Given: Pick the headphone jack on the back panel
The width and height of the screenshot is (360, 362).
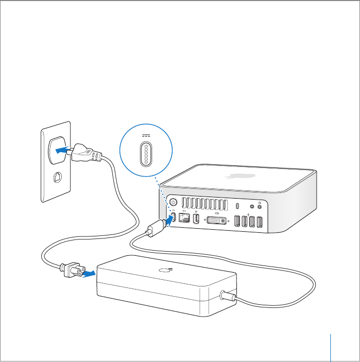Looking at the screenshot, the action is pos(261,207).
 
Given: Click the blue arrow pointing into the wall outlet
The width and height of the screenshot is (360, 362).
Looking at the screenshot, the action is pos(61,150).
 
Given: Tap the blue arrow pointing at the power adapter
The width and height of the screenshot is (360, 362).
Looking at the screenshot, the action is pos(88,273).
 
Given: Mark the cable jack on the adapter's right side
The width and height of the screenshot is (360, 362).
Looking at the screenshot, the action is pos(225,295).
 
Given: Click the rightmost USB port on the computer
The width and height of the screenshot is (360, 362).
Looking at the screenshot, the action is pos(259,223).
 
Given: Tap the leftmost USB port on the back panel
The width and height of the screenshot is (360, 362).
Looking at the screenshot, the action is pos(236,222).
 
